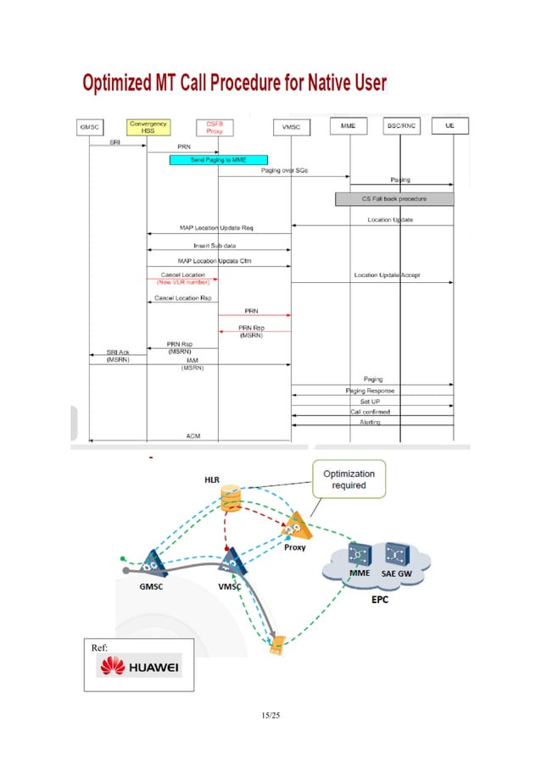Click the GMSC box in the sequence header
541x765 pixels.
pos(89,127)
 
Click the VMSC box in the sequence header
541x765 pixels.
pos(291,127)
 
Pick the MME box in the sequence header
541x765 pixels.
pos(349,126)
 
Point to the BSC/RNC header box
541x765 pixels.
pos(399,126)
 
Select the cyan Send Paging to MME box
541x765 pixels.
pos(218,159)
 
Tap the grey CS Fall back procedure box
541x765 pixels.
pos(394,199)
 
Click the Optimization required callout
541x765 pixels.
pos(349,480)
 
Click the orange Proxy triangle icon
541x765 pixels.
pos(296,528)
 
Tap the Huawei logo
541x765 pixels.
pos(140,667)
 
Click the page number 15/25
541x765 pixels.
pos(270,717)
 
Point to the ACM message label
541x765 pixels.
pos(193,435)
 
